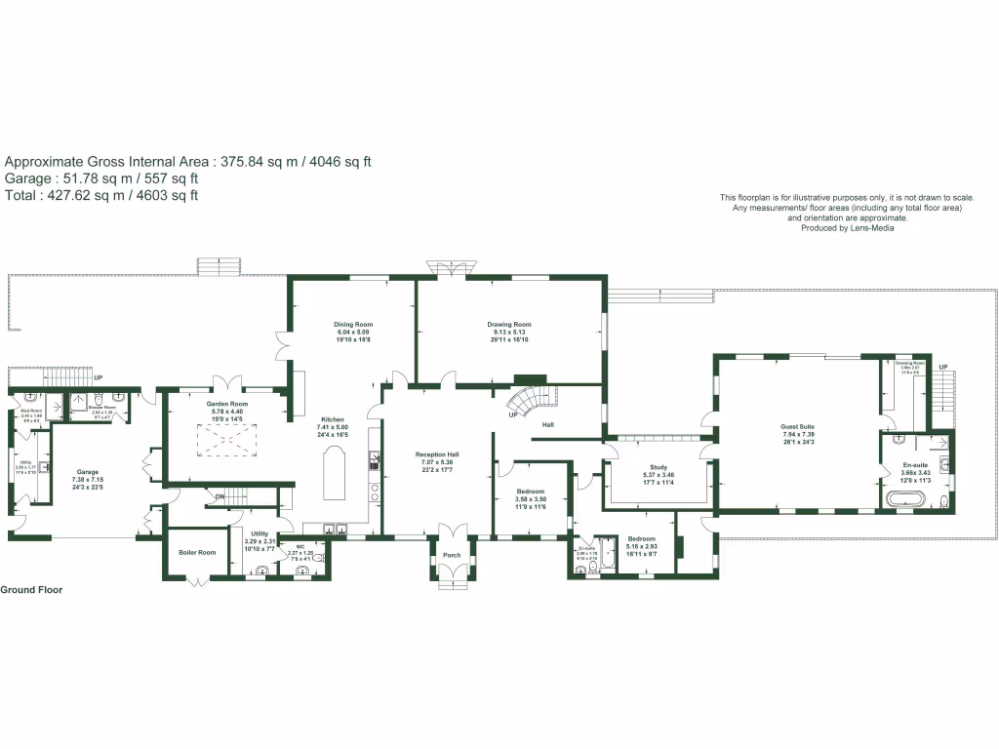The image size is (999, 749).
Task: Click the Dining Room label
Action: click(353, 325)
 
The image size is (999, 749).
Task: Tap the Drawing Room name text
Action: click(509, 325)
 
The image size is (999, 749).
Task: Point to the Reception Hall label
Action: click(437, 455)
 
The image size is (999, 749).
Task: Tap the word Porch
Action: click(452, 556)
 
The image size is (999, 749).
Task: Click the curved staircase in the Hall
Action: click(533, 400)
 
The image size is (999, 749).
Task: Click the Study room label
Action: click(658, 467)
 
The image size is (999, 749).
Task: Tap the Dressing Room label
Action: click(910, 363)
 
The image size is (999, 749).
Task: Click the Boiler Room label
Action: click(196, 552)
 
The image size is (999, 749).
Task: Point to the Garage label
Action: click(86, 472)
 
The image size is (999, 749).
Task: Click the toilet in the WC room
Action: click(296, 569)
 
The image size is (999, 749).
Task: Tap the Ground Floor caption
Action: click(31, 590)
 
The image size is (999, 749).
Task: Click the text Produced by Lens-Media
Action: click(847, 228)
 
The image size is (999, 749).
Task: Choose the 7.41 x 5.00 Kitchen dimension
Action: click(333, 427)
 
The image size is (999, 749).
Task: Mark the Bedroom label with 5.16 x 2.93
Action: click(641, 546)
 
